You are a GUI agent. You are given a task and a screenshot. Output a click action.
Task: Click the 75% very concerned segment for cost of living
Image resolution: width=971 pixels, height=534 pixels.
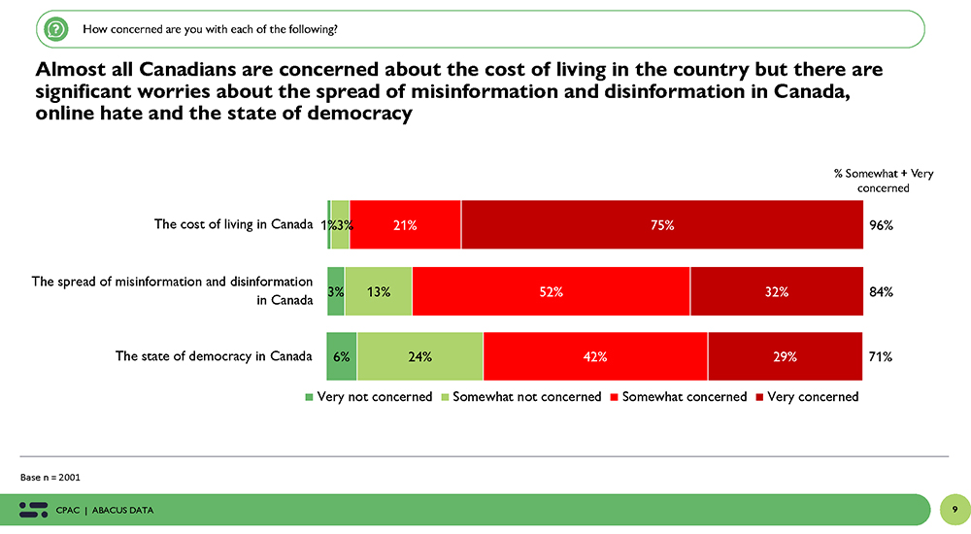(x=662, y=225)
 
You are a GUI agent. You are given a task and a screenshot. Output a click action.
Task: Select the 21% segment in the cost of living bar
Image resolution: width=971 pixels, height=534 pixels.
(x=405, y=225)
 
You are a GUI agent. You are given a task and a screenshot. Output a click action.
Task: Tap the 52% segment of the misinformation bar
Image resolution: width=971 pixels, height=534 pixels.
(x=551, y=290)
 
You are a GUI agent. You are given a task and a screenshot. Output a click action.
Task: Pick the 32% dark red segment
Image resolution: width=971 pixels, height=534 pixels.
(x=776, y=290)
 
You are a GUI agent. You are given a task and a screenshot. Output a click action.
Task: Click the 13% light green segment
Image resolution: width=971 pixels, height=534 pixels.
(x=378, y=290)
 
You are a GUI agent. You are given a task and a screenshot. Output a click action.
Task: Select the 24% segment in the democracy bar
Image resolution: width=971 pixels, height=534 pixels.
(x=419, y=356)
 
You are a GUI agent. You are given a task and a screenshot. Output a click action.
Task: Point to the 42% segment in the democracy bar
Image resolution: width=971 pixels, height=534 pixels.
(x=595, y=356)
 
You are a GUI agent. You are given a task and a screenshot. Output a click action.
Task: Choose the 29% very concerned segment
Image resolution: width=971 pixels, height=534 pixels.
(x=785, y=356)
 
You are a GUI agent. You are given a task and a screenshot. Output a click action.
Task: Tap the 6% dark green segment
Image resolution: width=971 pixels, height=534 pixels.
(x=342, y=356)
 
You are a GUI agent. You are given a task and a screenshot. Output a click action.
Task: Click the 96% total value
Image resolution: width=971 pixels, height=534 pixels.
(x=881, y=225)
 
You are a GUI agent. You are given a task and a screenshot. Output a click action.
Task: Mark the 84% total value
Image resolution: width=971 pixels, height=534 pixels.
(x=881, y=290)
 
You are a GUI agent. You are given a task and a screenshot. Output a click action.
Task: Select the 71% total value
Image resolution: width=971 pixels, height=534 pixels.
(x=881, y=356)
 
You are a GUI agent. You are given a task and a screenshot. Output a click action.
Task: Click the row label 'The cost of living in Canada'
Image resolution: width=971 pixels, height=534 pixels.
(x=233, y=224)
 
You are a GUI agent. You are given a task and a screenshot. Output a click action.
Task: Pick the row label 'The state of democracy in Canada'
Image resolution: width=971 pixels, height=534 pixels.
(x=214, y=355)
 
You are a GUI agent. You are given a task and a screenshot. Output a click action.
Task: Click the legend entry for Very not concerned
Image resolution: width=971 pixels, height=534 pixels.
(x=368, y=396)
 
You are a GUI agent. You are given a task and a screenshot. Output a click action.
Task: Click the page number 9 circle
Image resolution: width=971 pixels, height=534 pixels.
(x=954, y=510)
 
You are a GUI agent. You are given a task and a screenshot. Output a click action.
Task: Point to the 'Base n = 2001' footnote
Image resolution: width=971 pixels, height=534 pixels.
(x=50, y=477)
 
